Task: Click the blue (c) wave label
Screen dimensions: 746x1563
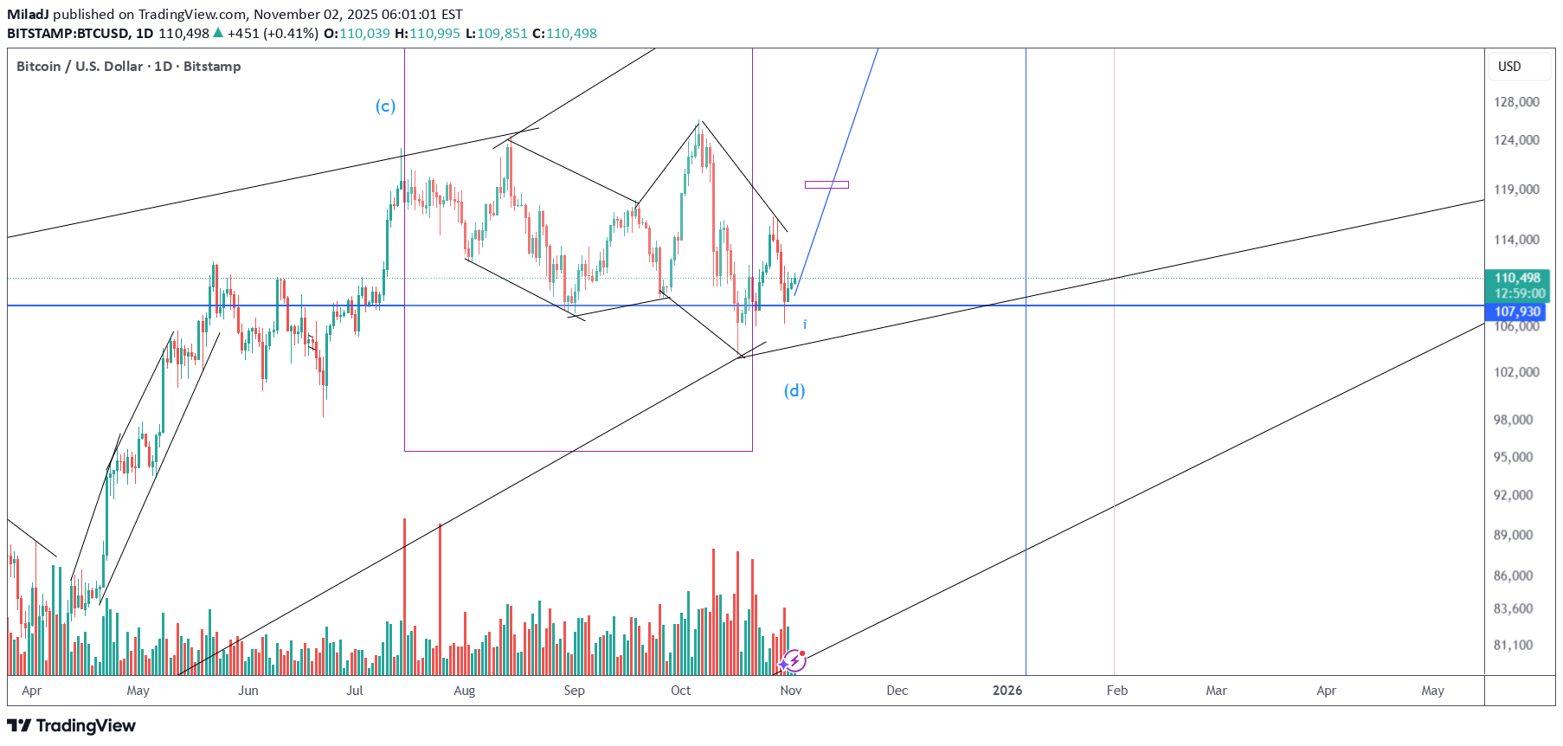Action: point(385,106)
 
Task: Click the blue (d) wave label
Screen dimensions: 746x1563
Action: point(794,390)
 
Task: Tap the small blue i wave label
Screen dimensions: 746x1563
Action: point(805,325)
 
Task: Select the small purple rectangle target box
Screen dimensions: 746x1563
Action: point(827,184)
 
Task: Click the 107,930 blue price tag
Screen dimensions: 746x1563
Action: point(1517,312)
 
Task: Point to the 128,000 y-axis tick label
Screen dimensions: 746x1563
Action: point(1516,102)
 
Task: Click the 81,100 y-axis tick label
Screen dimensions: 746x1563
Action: point(1514,645)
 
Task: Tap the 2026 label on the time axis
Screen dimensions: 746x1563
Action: point(1007,691)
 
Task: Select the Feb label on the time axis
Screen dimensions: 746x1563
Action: point(1117,691)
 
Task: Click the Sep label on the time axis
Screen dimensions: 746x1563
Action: point(574,691)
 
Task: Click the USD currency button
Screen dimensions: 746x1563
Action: point(1509,67)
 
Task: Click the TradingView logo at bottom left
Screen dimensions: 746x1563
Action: point(72,725)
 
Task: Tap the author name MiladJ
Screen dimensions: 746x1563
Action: point(28,14)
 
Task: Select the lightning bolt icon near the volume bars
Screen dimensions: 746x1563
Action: point(794,661)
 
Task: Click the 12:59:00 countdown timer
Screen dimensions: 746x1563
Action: point(1519,293)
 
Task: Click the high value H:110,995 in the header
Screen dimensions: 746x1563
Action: point(428,34)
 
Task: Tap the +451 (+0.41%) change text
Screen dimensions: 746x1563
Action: point(273,34)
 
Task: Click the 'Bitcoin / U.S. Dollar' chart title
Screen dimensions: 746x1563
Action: point(80,67)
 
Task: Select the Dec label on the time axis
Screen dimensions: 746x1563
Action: point(897,691)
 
